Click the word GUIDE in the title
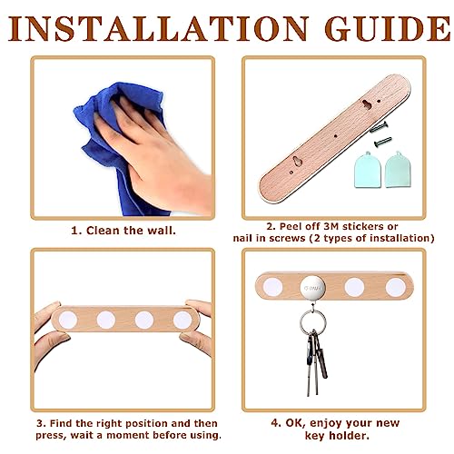pos(388,29)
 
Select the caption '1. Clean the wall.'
pos(123,231)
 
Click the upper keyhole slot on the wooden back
pos(367,104)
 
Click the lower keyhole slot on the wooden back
pos(298,161)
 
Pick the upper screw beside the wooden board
pos(379,126)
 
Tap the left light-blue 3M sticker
pos(368,170)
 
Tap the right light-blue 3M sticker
pos(398,170)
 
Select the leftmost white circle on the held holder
pos(68,320)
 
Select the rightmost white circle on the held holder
pos(183,320)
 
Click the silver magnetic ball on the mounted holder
pos(313,288)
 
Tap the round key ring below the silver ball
pos(313,321)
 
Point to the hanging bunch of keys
pos(316,361)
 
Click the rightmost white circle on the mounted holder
pos(396,287)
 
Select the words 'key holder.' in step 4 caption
pos(337,436)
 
